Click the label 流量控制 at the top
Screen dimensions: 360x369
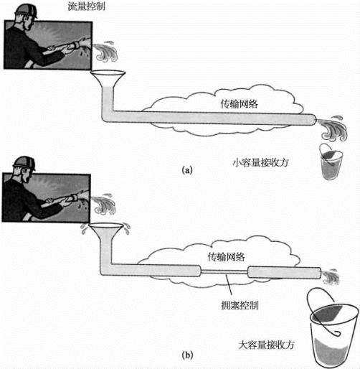[86, 6]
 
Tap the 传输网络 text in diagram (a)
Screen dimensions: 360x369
[239, 104]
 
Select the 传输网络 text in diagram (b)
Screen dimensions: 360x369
[226, 257]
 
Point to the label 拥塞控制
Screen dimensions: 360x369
[240, 305]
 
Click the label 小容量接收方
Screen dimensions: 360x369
[261, 162]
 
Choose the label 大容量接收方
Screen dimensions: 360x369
[267, 345]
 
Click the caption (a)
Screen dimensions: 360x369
[187, 170]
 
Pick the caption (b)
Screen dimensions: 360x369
[187, 355]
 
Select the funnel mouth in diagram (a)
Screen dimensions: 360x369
[108, 73]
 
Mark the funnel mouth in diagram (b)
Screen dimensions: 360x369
[106, 225]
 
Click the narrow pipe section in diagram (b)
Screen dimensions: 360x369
[224, 271]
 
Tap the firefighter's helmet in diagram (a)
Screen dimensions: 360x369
[26, 11]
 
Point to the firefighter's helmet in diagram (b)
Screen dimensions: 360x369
[24, 164]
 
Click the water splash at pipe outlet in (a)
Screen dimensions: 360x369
[332, 129]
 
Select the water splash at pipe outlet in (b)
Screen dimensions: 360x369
[331, 277]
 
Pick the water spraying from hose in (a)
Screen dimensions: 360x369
[105, 52]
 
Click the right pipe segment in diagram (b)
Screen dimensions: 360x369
[284, 273]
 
